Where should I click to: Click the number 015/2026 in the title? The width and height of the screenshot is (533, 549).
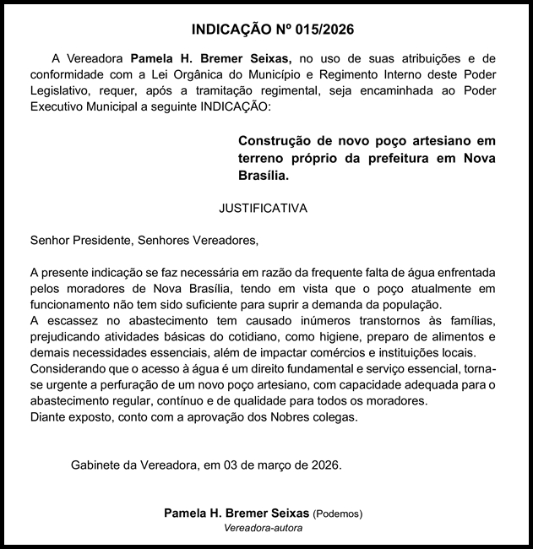pyautogui.click(x=316, y=29)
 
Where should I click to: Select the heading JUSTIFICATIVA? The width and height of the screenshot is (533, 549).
pyautogui.click(x=263, y=207)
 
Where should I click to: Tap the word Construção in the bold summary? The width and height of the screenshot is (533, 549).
pyautogui.click(x=272, y=140)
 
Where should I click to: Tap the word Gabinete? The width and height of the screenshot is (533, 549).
pyautogui.click(x=97, y=465)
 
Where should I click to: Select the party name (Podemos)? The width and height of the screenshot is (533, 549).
pyautogui.click(x=339, y=514)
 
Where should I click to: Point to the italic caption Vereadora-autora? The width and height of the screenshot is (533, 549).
pyautogui.click(x=263, y=528)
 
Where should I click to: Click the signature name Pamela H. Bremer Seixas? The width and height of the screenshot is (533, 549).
pyautogui.click(x=237, y=513)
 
